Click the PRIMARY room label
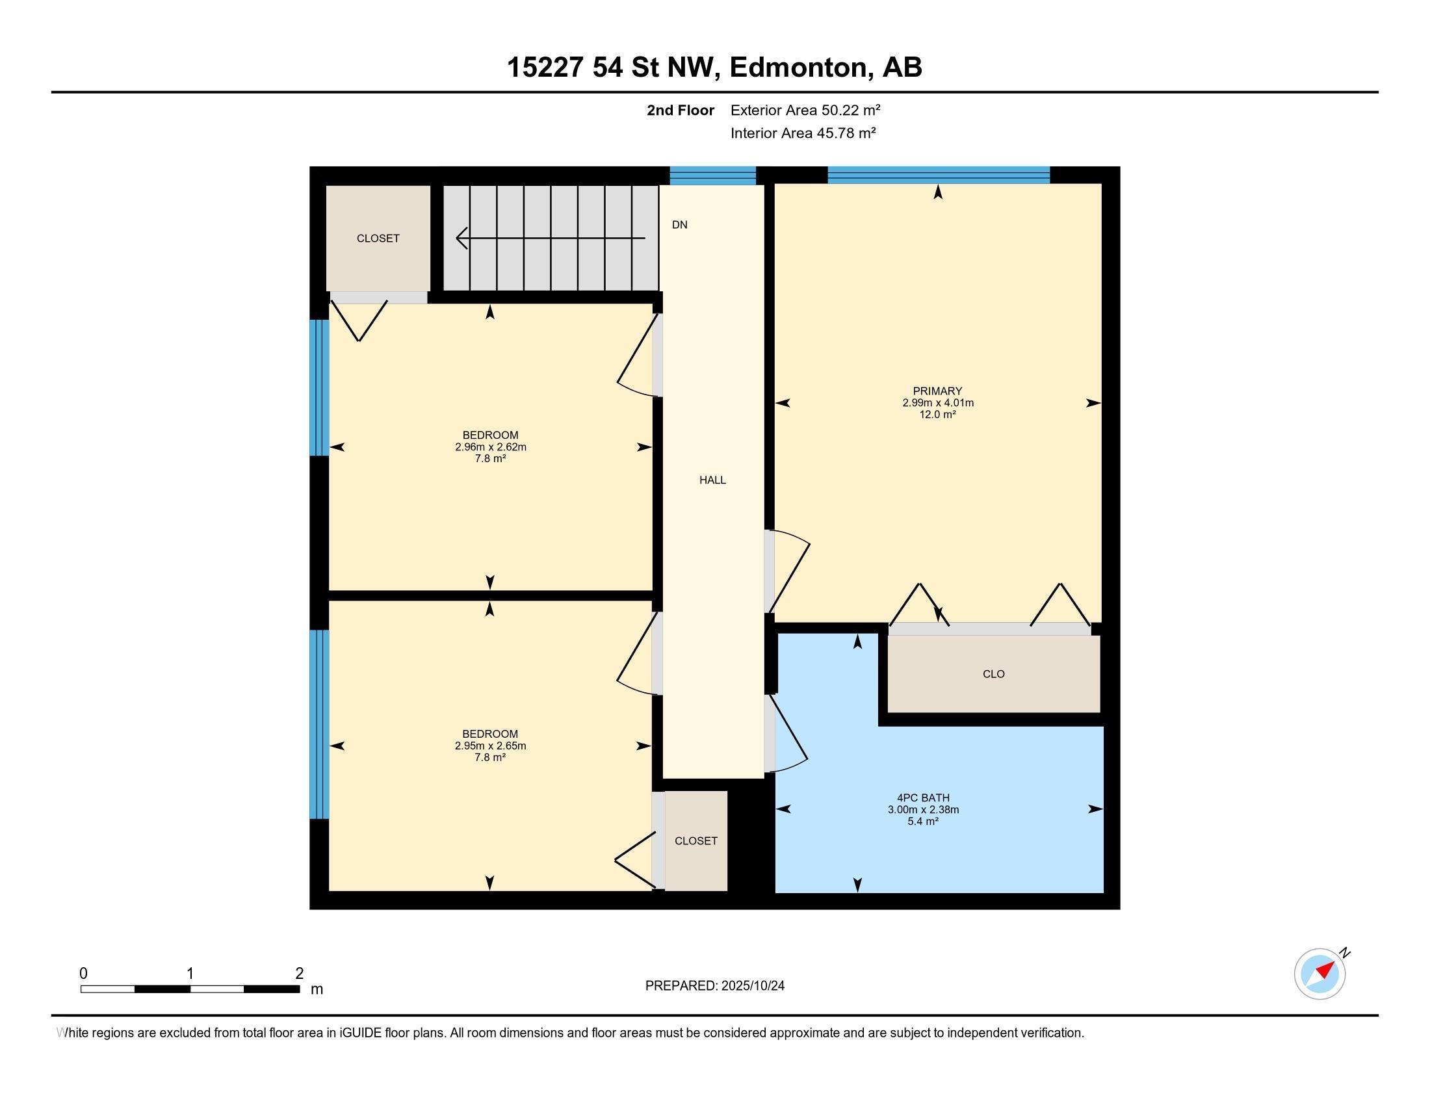pyautogui.click(x=937, y=391)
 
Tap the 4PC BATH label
pyautogui.click(x=922, y=798)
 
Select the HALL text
pyautogui.click(x=712, y=480)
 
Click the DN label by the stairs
pyautogui.click(x=680, y=224)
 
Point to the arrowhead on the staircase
pyautogui.click(x=461, y=239)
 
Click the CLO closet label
pyautogui.click(x=993, y=673)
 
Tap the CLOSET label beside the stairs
pyautogui.click(x=378, y=239)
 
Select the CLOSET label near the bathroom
pyautogui.click(x=695, y=840)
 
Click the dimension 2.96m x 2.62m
pyautogui.click(x=490, y=447)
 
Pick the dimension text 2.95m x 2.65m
pyautogui.click(x=490, y=746)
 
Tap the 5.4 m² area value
pyautogui.click(x=922, y=821)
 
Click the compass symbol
pyautogui.click(x=1319, y=974)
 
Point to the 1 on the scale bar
pyautogui.click(x=190, y=974)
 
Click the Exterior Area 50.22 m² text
pyautogui.click(x=805, y=110)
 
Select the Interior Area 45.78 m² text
pyautogui.click(x=803, y=133)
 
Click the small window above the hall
pyautogui.click(x=712, y=175)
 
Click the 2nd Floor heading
pyautogui.click(x=680, y=110)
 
